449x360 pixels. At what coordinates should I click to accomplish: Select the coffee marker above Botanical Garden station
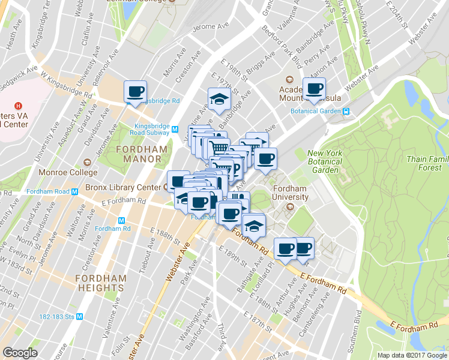pyautogui.click(x=313, y=89)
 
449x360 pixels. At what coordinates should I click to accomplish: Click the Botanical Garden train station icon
pyautogui.click(x=346, y=111)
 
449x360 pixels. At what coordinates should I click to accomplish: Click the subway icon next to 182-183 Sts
pyautogui.click(x=79, y=316)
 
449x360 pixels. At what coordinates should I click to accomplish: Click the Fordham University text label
pyautogui.click(x=291, y=193)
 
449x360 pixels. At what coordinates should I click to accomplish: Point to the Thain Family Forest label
pyautogui.click(x=427, y=163)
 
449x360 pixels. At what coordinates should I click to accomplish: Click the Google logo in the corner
pyautogui.click(x=20, y=352)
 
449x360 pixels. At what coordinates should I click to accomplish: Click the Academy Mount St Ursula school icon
pyautogui.click(x=289, y=79)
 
